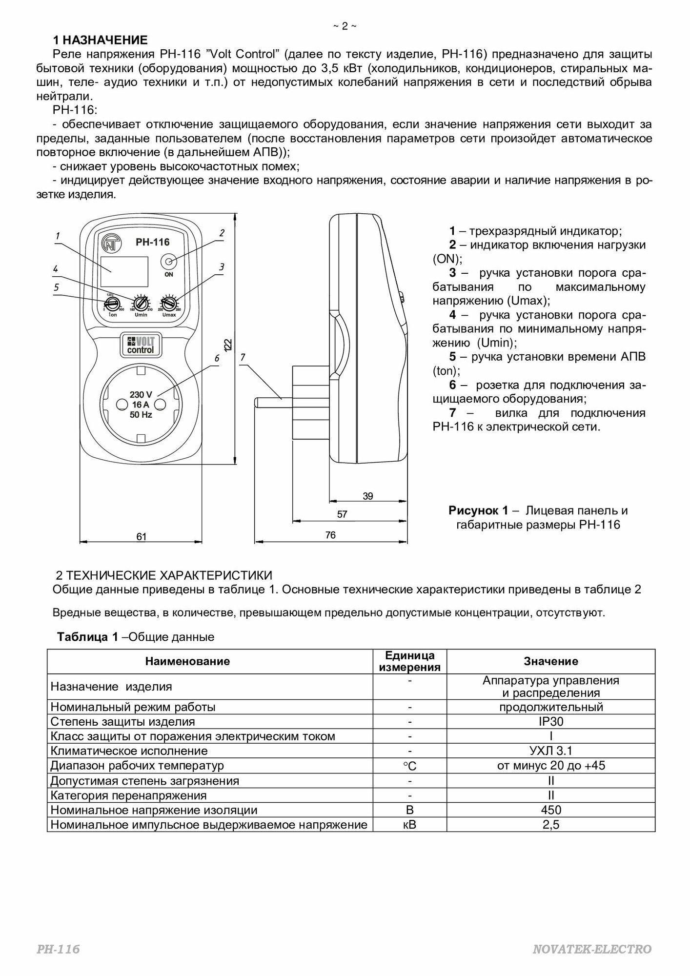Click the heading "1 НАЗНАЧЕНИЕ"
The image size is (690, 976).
100,40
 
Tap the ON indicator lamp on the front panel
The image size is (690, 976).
169,262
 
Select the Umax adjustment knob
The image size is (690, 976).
169,304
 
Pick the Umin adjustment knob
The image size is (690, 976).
141,304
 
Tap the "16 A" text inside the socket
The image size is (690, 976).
141,405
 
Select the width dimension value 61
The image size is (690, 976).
141,536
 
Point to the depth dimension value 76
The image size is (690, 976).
330,535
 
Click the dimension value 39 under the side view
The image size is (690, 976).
368,496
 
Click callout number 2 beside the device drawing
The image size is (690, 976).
222,233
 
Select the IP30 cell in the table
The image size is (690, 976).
551,721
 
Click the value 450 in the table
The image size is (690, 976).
551,810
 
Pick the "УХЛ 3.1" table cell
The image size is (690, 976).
551,751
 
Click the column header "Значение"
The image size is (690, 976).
551,661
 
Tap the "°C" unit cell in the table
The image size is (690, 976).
410,766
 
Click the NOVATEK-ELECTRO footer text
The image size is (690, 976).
592,949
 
